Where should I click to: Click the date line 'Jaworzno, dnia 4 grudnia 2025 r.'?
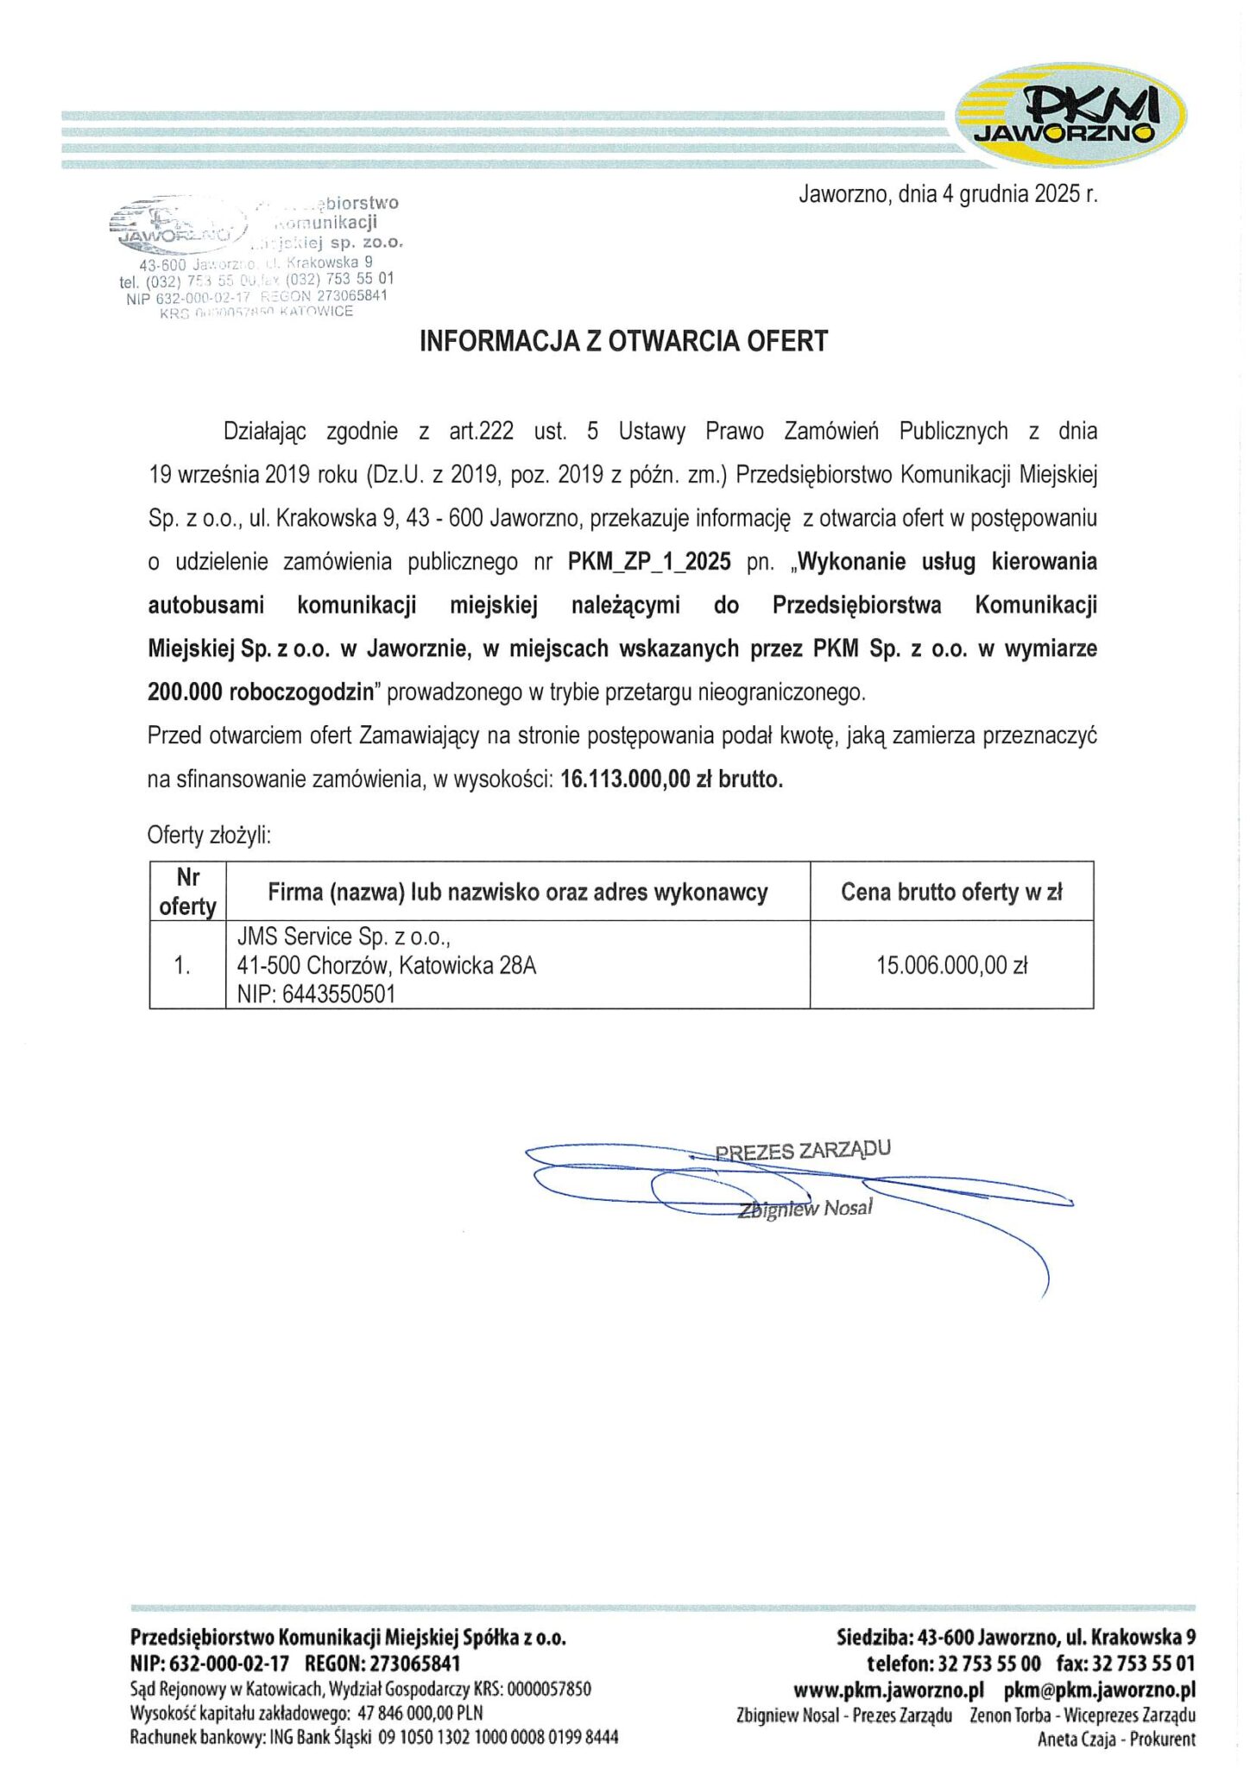948,193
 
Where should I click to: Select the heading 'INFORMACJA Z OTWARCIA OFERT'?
623,341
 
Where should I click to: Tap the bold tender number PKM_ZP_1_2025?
649,562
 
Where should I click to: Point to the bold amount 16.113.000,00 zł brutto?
672,780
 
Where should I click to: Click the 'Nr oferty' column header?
187,892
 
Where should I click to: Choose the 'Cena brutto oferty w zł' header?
951,892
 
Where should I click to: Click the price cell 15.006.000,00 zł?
951,965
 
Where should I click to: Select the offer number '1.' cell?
182,965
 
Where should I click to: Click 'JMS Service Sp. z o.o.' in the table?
344,937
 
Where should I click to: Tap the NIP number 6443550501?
338,994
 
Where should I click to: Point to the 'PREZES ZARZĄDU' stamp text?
803,1151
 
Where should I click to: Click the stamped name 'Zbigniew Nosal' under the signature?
805,1209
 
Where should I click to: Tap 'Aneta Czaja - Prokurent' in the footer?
1116,1740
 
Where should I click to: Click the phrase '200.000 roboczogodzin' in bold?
264,692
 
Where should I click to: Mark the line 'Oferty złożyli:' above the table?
209,835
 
